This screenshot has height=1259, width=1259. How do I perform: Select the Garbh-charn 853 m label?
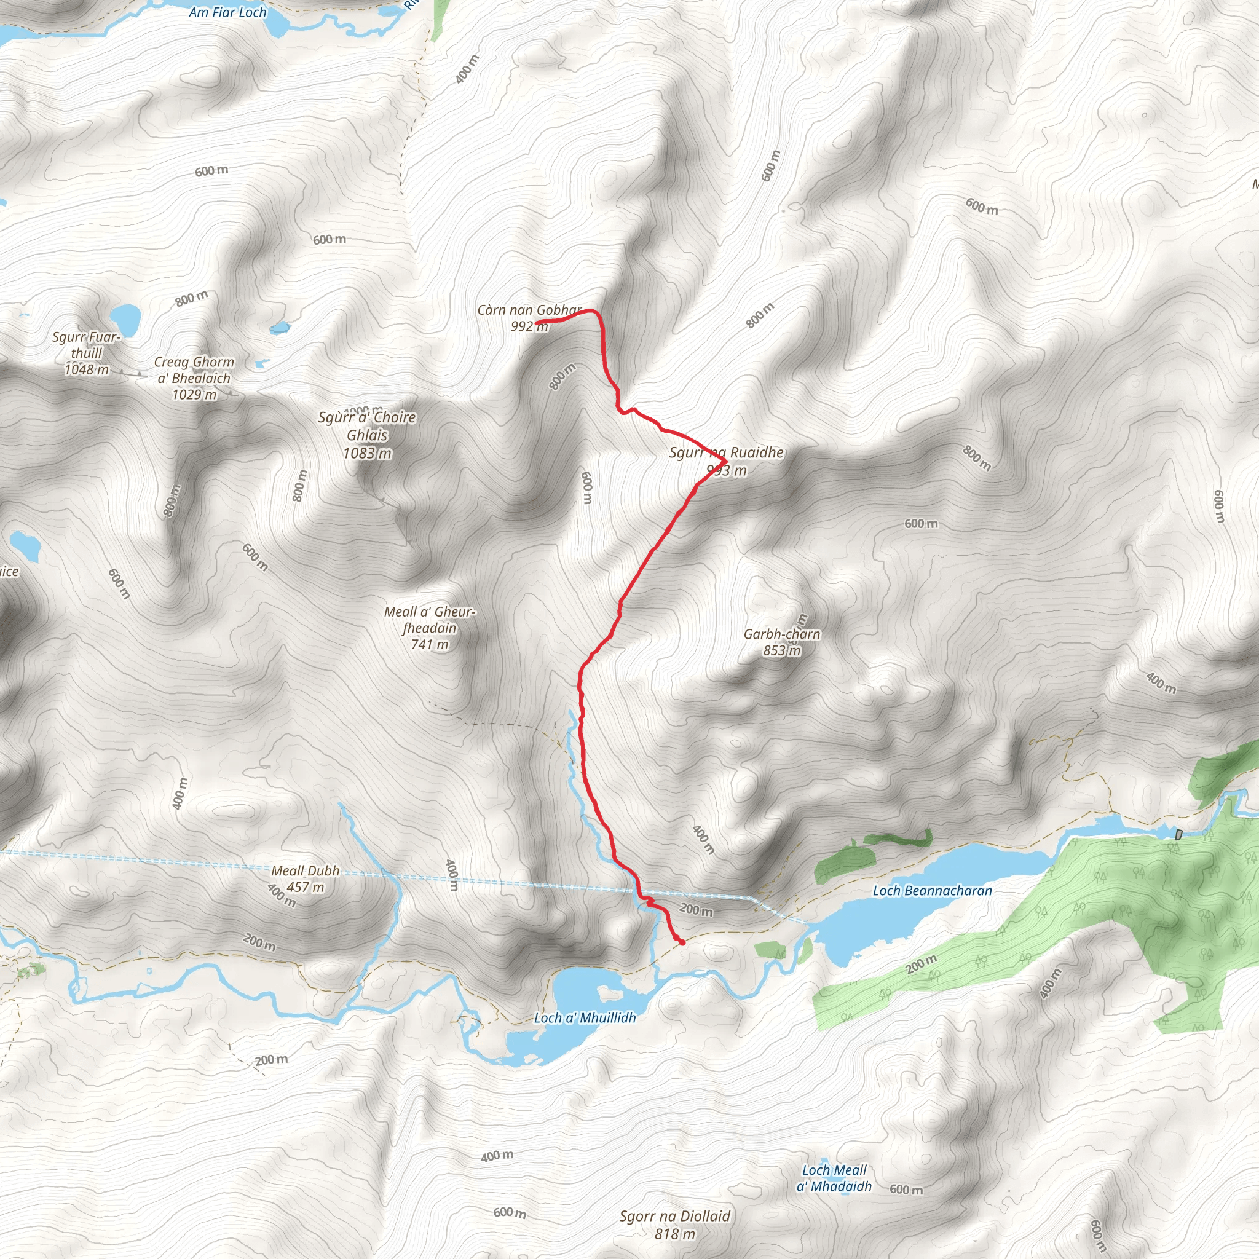[x=782, y=642]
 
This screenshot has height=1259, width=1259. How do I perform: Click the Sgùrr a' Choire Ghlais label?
[x=367, y=426]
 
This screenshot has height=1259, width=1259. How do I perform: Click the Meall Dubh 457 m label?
[x=306, y=878]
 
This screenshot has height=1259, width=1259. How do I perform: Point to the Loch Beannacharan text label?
[x=932, y=890]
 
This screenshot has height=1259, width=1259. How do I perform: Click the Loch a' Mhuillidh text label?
[x=585, y=1018]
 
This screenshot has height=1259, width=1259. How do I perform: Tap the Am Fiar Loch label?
[x=227, y=12]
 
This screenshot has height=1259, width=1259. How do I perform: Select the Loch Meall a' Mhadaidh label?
[x=834, y=1178]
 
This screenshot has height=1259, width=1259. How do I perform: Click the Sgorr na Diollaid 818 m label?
[x=675, y=1224]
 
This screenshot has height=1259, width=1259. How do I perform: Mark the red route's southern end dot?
[x=682, y=942]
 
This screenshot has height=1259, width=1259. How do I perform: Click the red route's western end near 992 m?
[x=538, y=322]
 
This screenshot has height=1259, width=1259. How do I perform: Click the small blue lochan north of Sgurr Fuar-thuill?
[x=125, y=318]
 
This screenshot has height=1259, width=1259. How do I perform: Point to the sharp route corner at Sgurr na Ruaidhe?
[x=725, y=462]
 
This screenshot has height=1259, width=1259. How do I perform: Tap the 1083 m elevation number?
[x=368, y=453]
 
